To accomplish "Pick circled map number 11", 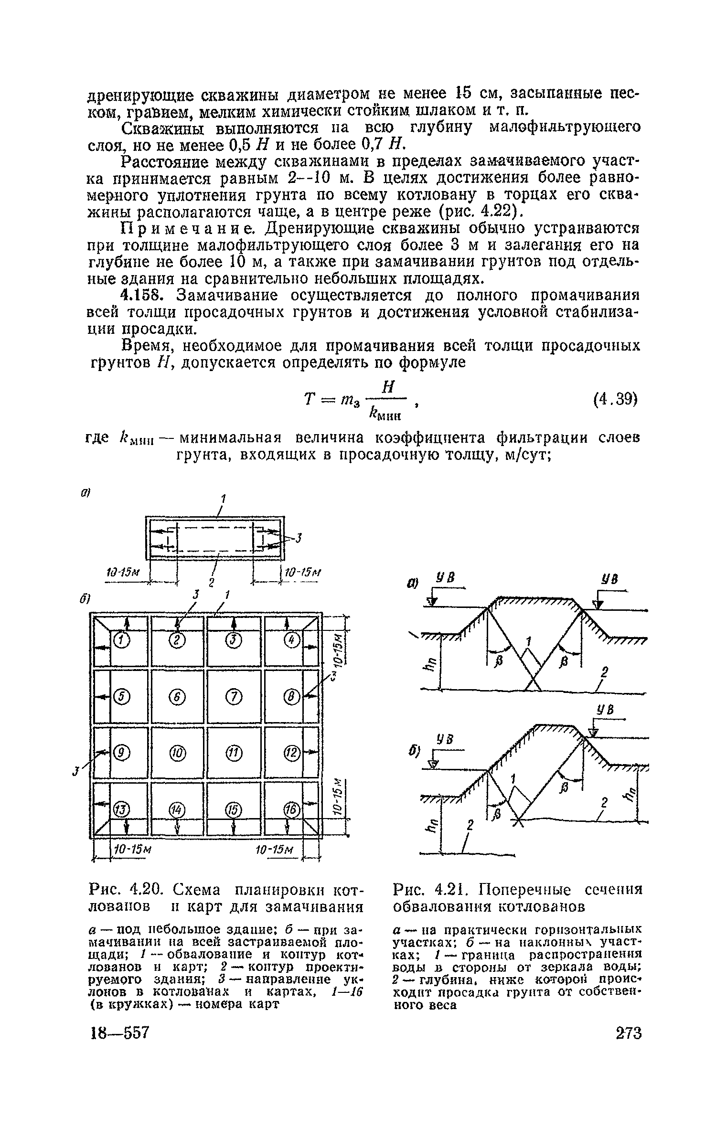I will coord(234,754).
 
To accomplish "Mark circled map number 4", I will coord(290,640).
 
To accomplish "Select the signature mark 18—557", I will coord(120,1033).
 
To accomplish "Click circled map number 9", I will coord(121,754).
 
